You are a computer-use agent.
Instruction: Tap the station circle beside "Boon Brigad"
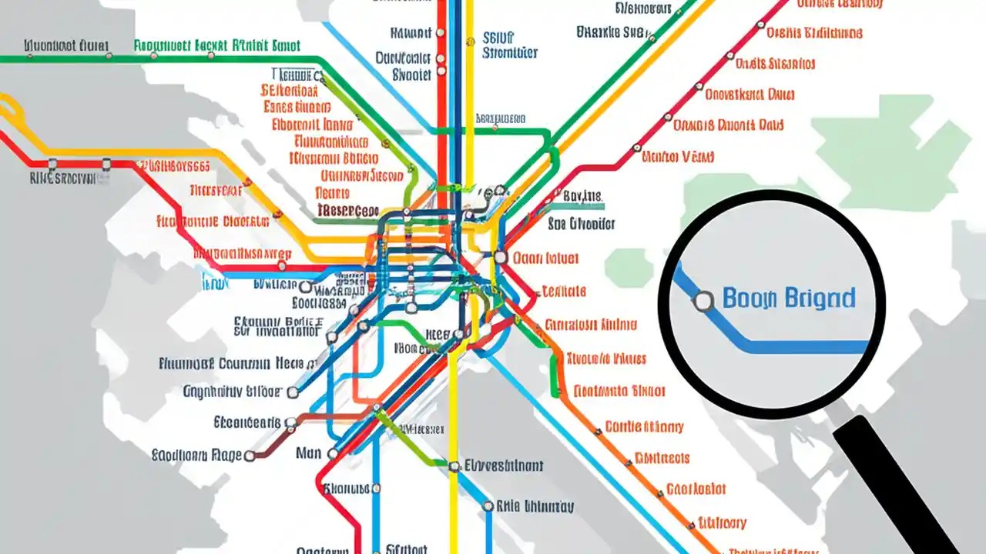click(703, 302)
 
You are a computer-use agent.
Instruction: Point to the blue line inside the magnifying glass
click(801, 347)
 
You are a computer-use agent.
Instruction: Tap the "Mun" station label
click(308, 453)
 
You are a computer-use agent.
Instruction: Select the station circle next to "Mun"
click(333, 454)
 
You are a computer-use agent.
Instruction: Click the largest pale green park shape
click(894, 146)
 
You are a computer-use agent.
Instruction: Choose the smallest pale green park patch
click(628, 267)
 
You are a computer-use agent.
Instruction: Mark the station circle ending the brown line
click(250, 456)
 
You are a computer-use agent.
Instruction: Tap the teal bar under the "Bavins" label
click(584, 206)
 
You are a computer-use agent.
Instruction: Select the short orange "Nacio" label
click(333, 193)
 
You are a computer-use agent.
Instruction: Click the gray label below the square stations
click(62, 179)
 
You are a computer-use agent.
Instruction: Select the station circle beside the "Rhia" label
click(488, 506)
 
